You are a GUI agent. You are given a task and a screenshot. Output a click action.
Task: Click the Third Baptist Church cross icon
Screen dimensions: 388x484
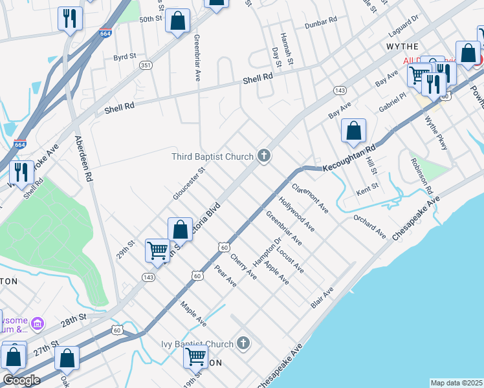263,155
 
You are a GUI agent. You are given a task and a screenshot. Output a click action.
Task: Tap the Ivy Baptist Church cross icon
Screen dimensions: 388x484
243,343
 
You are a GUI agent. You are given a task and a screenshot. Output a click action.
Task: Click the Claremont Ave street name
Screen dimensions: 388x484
310,199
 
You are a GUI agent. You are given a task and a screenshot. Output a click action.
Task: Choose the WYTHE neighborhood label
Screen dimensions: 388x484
402,47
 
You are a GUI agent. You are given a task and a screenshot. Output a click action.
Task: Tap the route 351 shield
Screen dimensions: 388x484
147,65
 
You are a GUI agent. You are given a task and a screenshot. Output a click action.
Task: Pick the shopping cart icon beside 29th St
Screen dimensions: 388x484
158,250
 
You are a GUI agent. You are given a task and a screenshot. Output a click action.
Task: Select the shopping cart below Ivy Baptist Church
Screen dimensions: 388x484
195,356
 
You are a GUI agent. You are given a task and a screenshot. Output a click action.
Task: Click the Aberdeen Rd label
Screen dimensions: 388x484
85,158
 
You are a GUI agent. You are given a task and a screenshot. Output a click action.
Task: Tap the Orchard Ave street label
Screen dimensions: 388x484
369,226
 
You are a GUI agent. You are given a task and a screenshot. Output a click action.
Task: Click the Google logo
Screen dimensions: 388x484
21,380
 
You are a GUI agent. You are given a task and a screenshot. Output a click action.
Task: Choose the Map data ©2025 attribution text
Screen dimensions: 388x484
456,383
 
